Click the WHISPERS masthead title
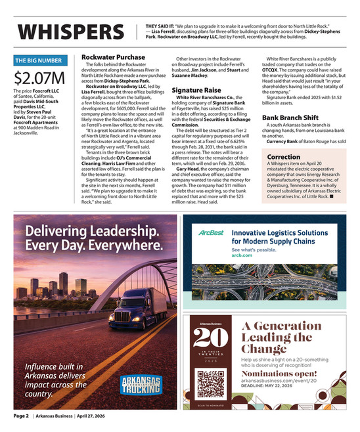click(x=69, y=32)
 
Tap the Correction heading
click(x=284, y=158)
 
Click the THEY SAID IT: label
click(x=160, y=24)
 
